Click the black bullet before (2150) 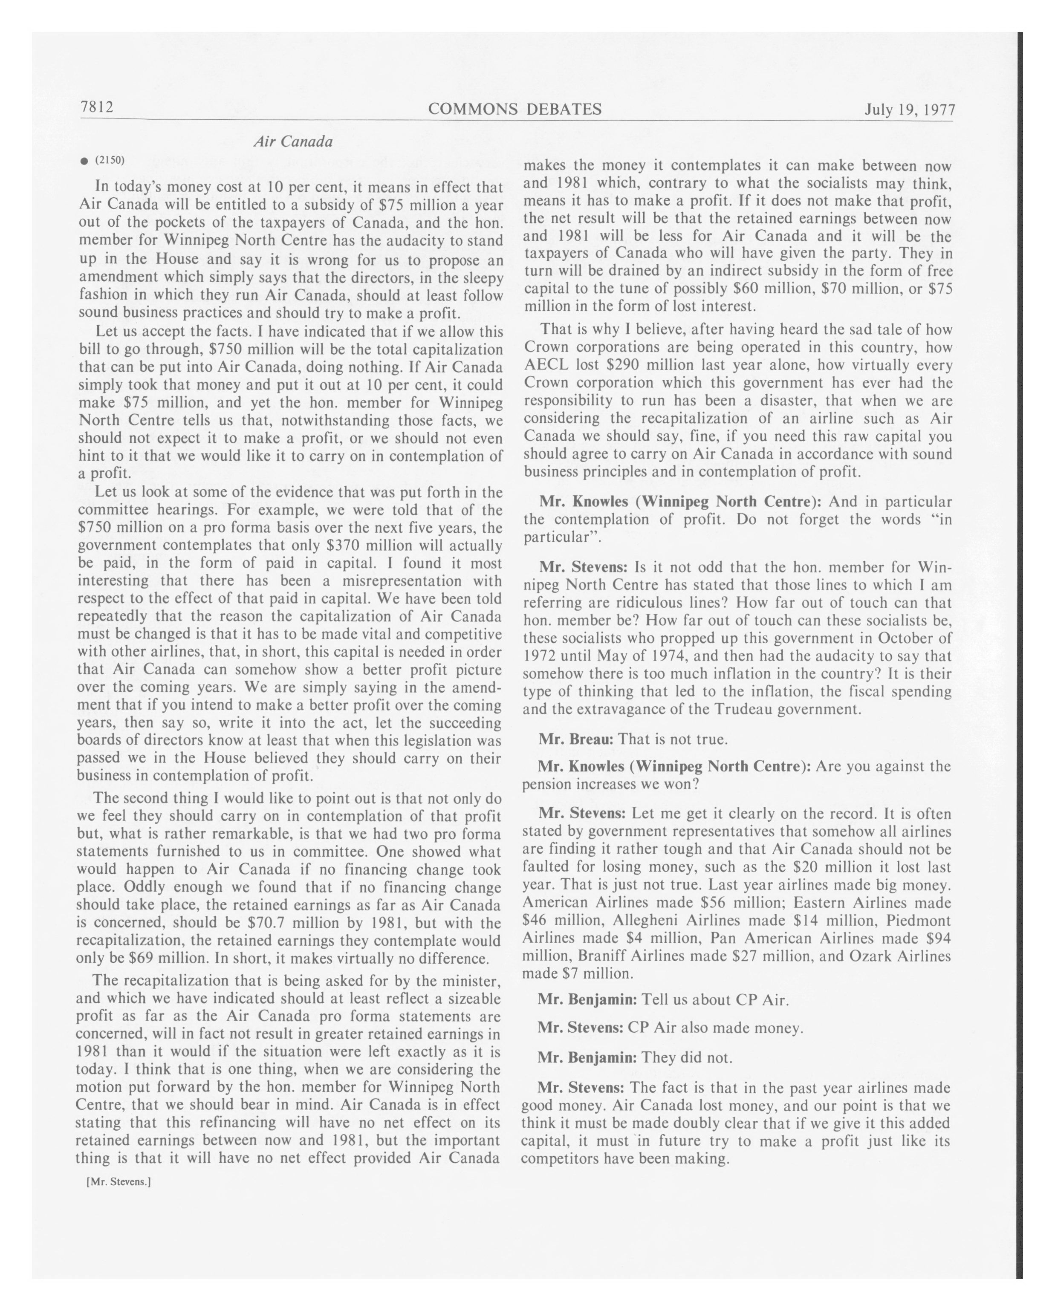[x=84, y=161]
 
